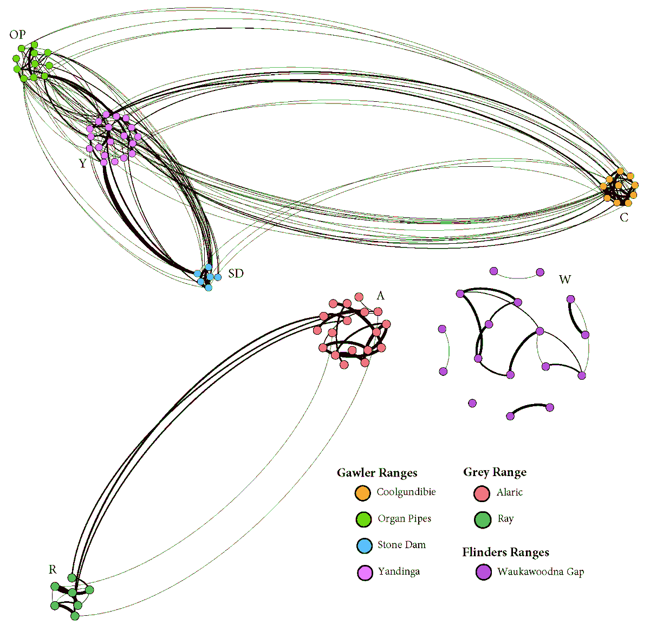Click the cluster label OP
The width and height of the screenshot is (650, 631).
tap(17, 35)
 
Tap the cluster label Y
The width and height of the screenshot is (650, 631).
tap(82, 163)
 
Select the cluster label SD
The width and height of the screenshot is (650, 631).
tap(236, 274)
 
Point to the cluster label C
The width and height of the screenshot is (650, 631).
tap(624, 218)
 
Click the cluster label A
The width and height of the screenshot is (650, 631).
tap(380, 296)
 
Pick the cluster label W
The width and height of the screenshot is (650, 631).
tap(564, 280)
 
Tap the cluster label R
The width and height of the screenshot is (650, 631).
tap(53, 569)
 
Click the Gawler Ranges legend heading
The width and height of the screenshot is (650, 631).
tap(377, 473)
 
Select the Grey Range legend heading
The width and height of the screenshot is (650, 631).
tap(495, 472)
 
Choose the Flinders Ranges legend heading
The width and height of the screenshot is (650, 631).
tap(505, 552)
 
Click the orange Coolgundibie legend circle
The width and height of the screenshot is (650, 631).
tap(362, 493)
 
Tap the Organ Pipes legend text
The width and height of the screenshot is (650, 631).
tap(404, 519)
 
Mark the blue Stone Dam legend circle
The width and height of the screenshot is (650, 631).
tap(365, 545)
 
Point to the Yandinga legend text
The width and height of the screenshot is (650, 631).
tap(399, 571)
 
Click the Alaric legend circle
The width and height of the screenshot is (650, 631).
tap(482, 493)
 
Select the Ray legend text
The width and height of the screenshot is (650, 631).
tap(505, 519)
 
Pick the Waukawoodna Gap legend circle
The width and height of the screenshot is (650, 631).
tap(483, 572)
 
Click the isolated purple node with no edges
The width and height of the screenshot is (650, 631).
tap(472, 403)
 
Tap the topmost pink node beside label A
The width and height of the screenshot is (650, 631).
tap(359, 297)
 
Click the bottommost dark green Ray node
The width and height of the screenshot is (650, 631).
tap(75, 616)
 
